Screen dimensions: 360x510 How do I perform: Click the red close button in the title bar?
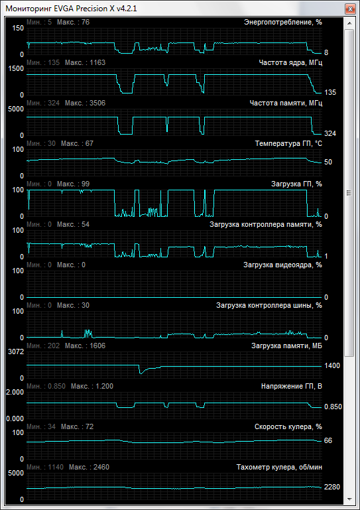tap(350, 9)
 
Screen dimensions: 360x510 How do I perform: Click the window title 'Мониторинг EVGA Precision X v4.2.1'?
tap(71, 9)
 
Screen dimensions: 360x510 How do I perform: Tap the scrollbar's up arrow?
tap(349, 23)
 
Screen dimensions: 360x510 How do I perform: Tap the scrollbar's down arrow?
tap(349, 499)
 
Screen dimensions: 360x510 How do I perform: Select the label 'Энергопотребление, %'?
tap(283, 22)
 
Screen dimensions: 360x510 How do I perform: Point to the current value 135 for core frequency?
tap(330, 92)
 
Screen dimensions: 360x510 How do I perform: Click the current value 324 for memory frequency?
tap(330, 133)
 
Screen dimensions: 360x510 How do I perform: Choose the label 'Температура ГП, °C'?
tap(288, 143)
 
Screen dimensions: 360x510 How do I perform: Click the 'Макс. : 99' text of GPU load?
tap(73, 184)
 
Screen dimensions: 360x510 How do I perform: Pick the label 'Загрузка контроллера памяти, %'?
tap(266, 224)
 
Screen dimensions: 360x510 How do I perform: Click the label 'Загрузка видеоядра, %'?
tap(282, 265)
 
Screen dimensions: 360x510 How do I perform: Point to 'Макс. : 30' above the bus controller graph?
tap(73, 305)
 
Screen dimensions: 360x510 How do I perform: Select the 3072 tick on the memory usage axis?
tap(16, 351)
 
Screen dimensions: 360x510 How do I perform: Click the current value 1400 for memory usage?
tap(332, 365)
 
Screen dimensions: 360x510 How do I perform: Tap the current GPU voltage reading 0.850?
tap(333, 407)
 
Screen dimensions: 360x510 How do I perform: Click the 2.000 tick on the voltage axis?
tap(15, 392)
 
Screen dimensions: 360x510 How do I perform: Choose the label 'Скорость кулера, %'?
tap(288, 426)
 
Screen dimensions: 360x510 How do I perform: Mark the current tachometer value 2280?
tap(332, 487)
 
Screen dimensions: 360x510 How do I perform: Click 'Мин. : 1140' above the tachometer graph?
tap(45, 467)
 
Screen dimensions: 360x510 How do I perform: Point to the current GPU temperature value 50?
tap(328, 162)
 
